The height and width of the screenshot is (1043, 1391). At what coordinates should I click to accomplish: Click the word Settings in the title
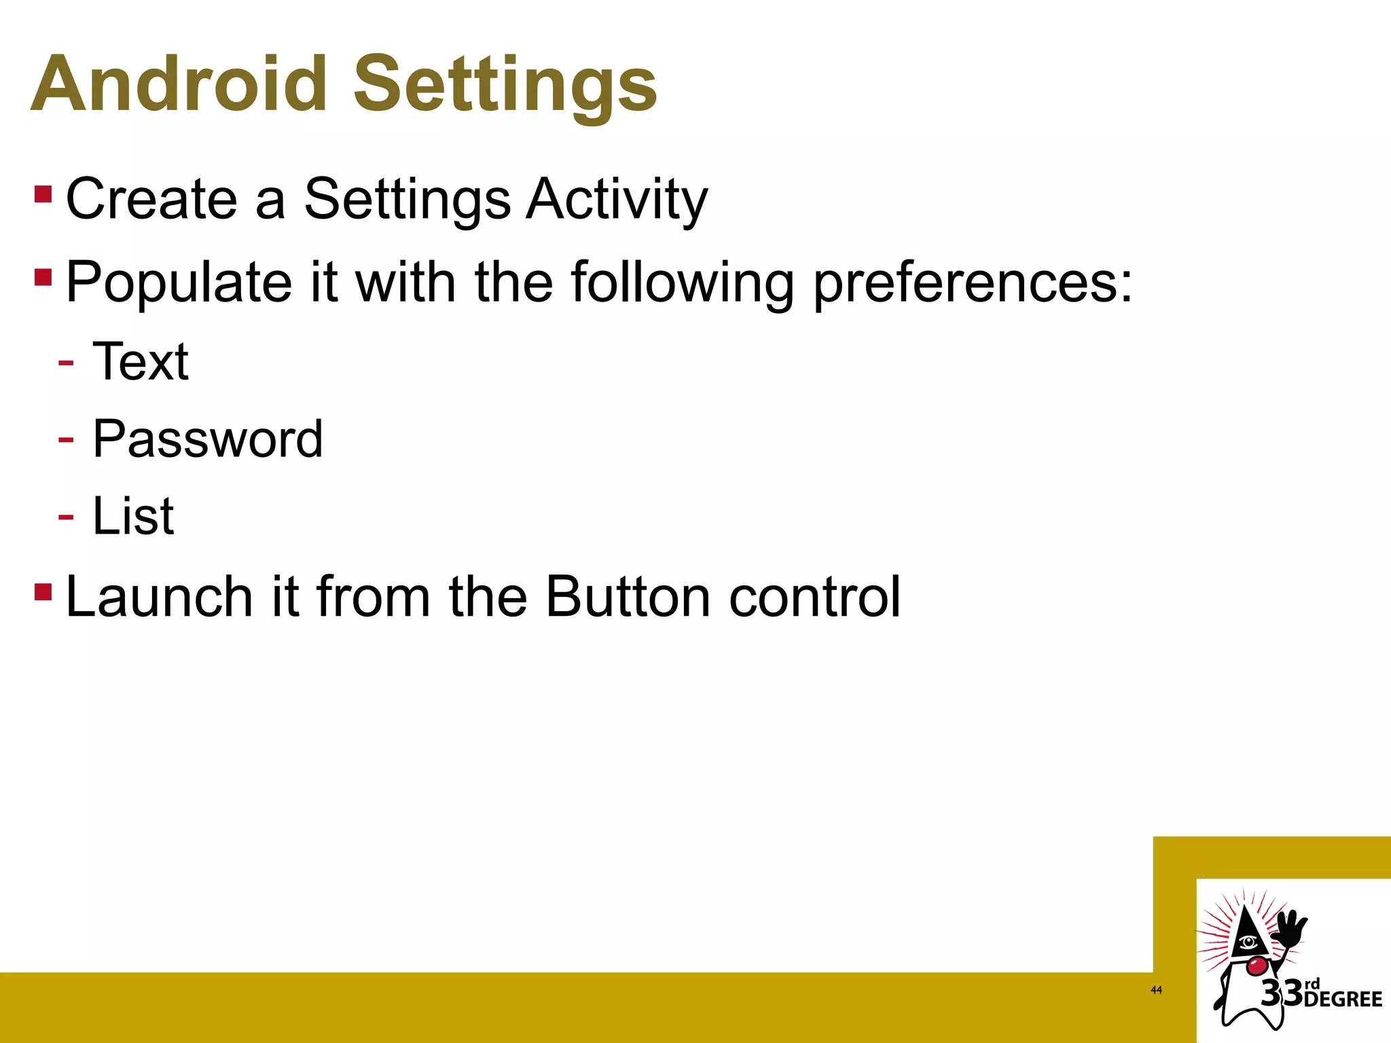(x=505, y=84)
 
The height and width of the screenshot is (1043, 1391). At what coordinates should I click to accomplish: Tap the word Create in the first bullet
(x=151, y=198)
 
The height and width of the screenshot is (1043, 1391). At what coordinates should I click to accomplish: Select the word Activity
(x=617, y=198)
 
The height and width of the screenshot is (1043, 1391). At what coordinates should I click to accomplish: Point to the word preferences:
(x=973, y=282)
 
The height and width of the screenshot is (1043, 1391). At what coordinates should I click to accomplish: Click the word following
(x=682, y=282)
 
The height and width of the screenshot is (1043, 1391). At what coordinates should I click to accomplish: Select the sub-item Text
(x=141, y=361)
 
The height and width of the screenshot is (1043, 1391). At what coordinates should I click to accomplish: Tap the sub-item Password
(x=207, y=439)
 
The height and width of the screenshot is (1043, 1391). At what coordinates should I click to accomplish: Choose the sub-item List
(x=133, y=516)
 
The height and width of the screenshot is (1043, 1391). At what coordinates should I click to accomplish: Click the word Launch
(x=160, y=597)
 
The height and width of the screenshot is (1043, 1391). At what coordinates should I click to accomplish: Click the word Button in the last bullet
(x=628, y=597)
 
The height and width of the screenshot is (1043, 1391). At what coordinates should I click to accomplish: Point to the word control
(x=814, y=597)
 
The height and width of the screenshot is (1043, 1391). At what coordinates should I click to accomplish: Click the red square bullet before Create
(x=43, y=195)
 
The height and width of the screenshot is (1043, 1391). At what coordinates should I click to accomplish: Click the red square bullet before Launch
(x=43, y=592)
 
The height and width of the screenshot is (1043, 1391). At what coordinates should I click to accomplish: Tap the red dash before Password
(x=66, y=440)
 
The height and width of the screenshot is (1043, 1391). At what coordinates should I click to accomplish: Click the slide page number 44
(x=1156, y=990)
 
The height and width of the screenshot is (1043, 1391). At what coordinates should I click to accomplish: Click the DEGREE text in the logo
(x=1343, y=1000)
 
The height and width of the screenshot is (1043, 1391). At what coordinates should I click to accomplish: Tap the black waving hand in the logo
(x=1288, y=934)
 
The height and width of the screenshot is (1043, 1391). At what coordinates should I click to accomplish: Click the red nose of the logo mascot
(x=1257, y=965)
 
